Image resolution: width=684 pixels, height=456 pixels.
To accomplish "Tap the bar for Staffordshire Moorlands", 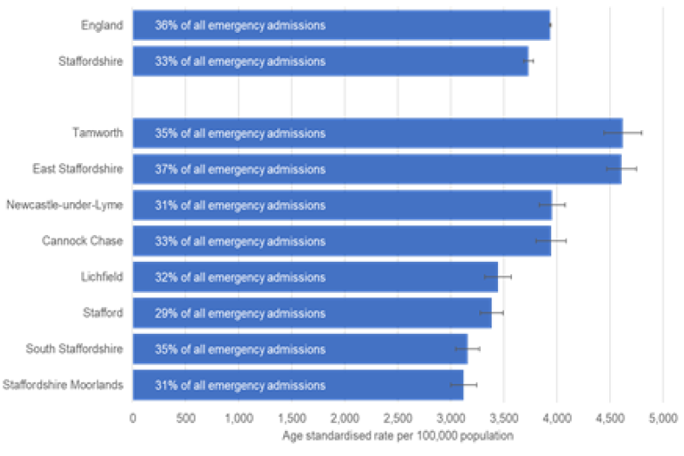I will (297, 385).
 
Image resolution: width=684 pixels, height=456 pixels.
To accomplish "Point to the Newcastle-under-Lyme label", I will (64, 205).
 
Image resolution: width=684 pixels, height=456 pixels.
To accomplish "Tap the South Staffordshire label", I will (74, 349).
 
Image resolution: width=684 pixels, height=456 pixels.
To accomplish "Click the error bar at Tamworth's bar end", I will (623, 133).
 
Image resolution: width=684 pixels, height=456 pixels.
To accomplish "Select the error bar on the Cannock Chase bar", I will (550, 240).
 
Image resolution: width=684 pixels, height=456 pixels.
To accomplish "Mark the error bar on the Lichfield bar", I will (497, 277).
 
